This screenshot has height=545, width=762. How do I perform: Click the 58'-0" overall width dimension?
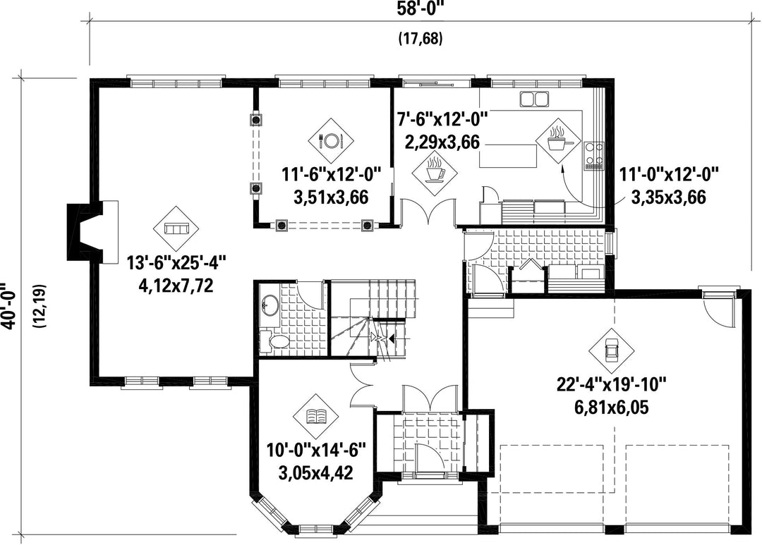click(421, 8)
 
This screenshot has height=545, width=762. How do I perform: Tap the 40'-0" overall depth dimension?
click(9, 306)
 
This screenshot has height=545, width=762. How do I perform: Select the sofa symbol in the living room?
click(176, 228)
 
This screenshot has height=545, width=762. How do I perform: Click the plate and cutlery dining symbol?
click(331, 141)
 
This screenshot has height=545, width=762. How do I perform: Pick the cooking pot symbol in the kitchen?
click(558, 141)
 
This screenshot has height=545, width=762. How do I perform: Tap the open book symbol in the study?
click(316, 416)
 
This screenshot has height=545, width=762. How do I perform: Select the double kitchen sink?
click(534, 99)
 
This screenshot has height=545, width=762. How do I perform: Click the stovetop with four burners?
click(594, 155)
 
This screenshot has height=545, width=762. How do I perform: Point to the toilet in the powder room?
click(274, 341)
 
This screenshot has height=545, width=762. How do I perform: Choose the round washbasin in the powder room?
click(270, 305)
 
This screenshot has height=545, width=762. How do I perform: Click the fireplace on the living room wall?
click(92, 232)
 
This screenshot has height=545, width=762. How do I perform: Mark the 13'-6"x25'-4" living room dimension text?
click(176, 264)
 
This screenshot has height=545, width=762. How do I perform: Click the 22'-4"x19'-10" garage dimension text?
click(611, 385)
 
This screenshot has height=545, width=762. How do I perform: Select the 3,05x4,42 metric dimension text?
click(316, 472)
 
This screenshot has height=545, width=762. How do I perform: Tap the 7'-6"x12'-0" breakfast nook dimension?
click(442, 118)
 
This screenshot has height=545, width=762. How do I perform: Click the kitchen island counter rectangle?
click(509, 156)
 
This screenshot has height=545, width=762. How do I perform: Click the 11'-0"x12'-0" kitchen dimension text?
click(668, 173)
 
